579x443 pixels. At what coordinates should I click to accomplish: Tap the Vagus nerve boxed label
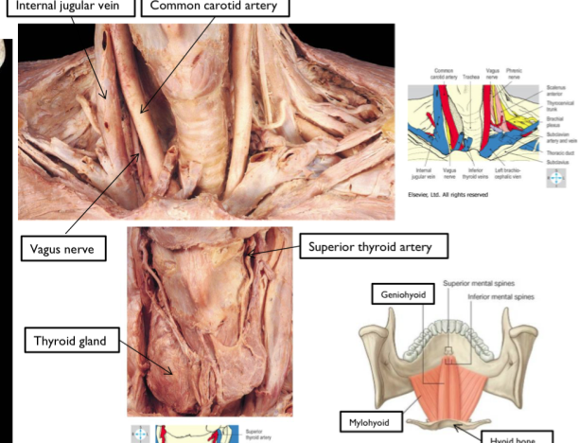(63, 250)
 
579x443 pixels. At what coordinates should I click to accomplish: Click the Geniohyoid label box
(404, 295)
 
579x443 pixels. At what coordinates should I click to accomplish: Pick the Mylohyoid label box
(373, 422)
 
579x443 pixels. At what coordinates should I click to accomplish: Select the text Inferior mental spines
(501, 296)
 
